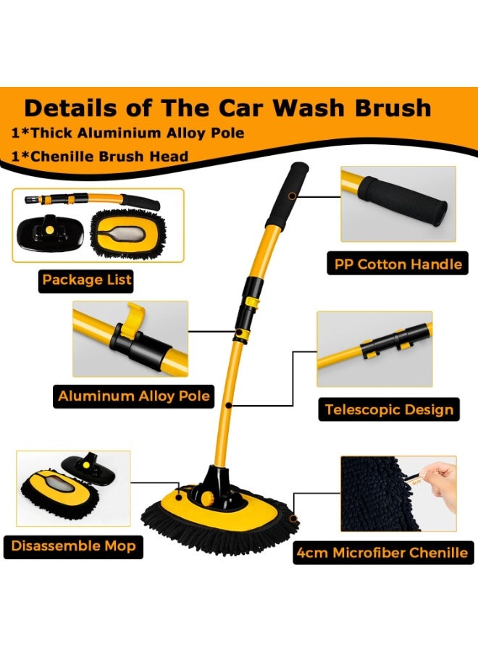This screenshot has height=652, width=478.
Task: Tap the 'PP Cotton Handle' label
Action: click(398, 264)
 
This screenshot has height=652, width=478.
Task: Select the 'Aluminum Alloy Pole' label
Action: click(134, 396)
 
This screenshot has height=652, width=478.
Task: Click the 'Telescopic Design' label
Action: click(388, 409)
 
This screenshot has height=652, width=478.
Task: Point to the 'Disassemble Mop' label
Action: click(73, 546)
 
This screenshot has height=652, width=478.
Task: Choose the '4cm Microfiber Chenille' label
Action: click(382, 553)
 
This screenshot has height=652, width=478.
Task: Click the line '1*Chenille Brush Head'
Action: click(99, 156)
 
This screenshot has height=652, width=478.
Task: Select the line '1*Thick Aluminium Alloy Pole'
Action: click(127, 133)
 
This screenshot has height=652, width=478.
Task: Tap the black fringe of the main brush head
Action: click(217, 525)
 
